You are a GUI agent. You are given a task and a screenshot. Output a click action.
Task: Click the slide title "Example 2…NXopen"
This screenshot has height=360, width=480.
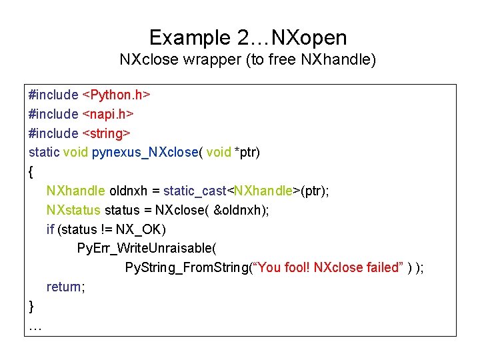(x=248, y=37)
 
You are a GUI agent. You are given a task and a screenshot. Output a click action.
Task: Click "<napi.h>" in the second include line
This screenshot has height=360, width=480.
(x=109, y=114)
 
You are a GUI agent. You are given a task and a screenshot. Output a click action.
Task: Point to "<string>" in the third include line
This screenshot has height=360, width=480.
(x=106, y=133)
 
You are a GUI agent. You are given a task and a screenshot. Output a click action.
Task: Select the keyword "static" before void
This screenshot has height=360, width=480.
(x=44, y=153)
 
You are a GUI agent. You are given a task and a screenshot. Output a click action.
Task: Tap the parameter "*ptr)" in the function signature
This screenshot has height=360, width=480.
(x=247, y=153)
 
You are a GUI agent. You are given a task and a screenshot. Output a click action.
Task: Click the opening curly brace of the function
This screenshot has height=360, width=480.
(x=31, y=172)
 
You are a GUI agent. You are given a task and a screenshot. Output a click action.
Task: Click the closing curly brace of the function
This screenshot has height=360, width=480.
(x=31, y=307)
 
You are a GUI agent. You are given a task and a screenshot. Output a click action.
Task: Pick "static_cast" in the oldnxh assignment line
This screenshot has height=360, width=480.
(x=195, y=191)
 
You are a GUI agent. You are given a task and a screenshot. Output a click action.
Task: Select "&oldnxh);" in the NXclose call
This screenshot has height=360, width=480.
(x=241, y=211)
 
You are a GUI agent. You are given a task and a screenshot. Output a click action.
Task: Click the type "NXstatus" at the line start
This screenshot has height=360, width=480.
(x=73, y=211)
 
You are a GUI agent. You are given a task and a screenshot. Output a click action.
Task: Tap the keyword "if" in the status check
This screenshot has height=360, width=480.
(x=51, y=230)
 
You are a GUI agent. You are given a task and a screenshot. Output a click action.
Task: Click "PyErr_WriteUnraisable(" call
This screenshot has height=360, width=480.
(x=147, y=249)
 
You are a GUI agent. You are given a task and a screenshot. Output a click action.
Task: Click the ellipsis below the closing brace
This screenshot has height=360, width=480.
(x=35, y=326)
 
